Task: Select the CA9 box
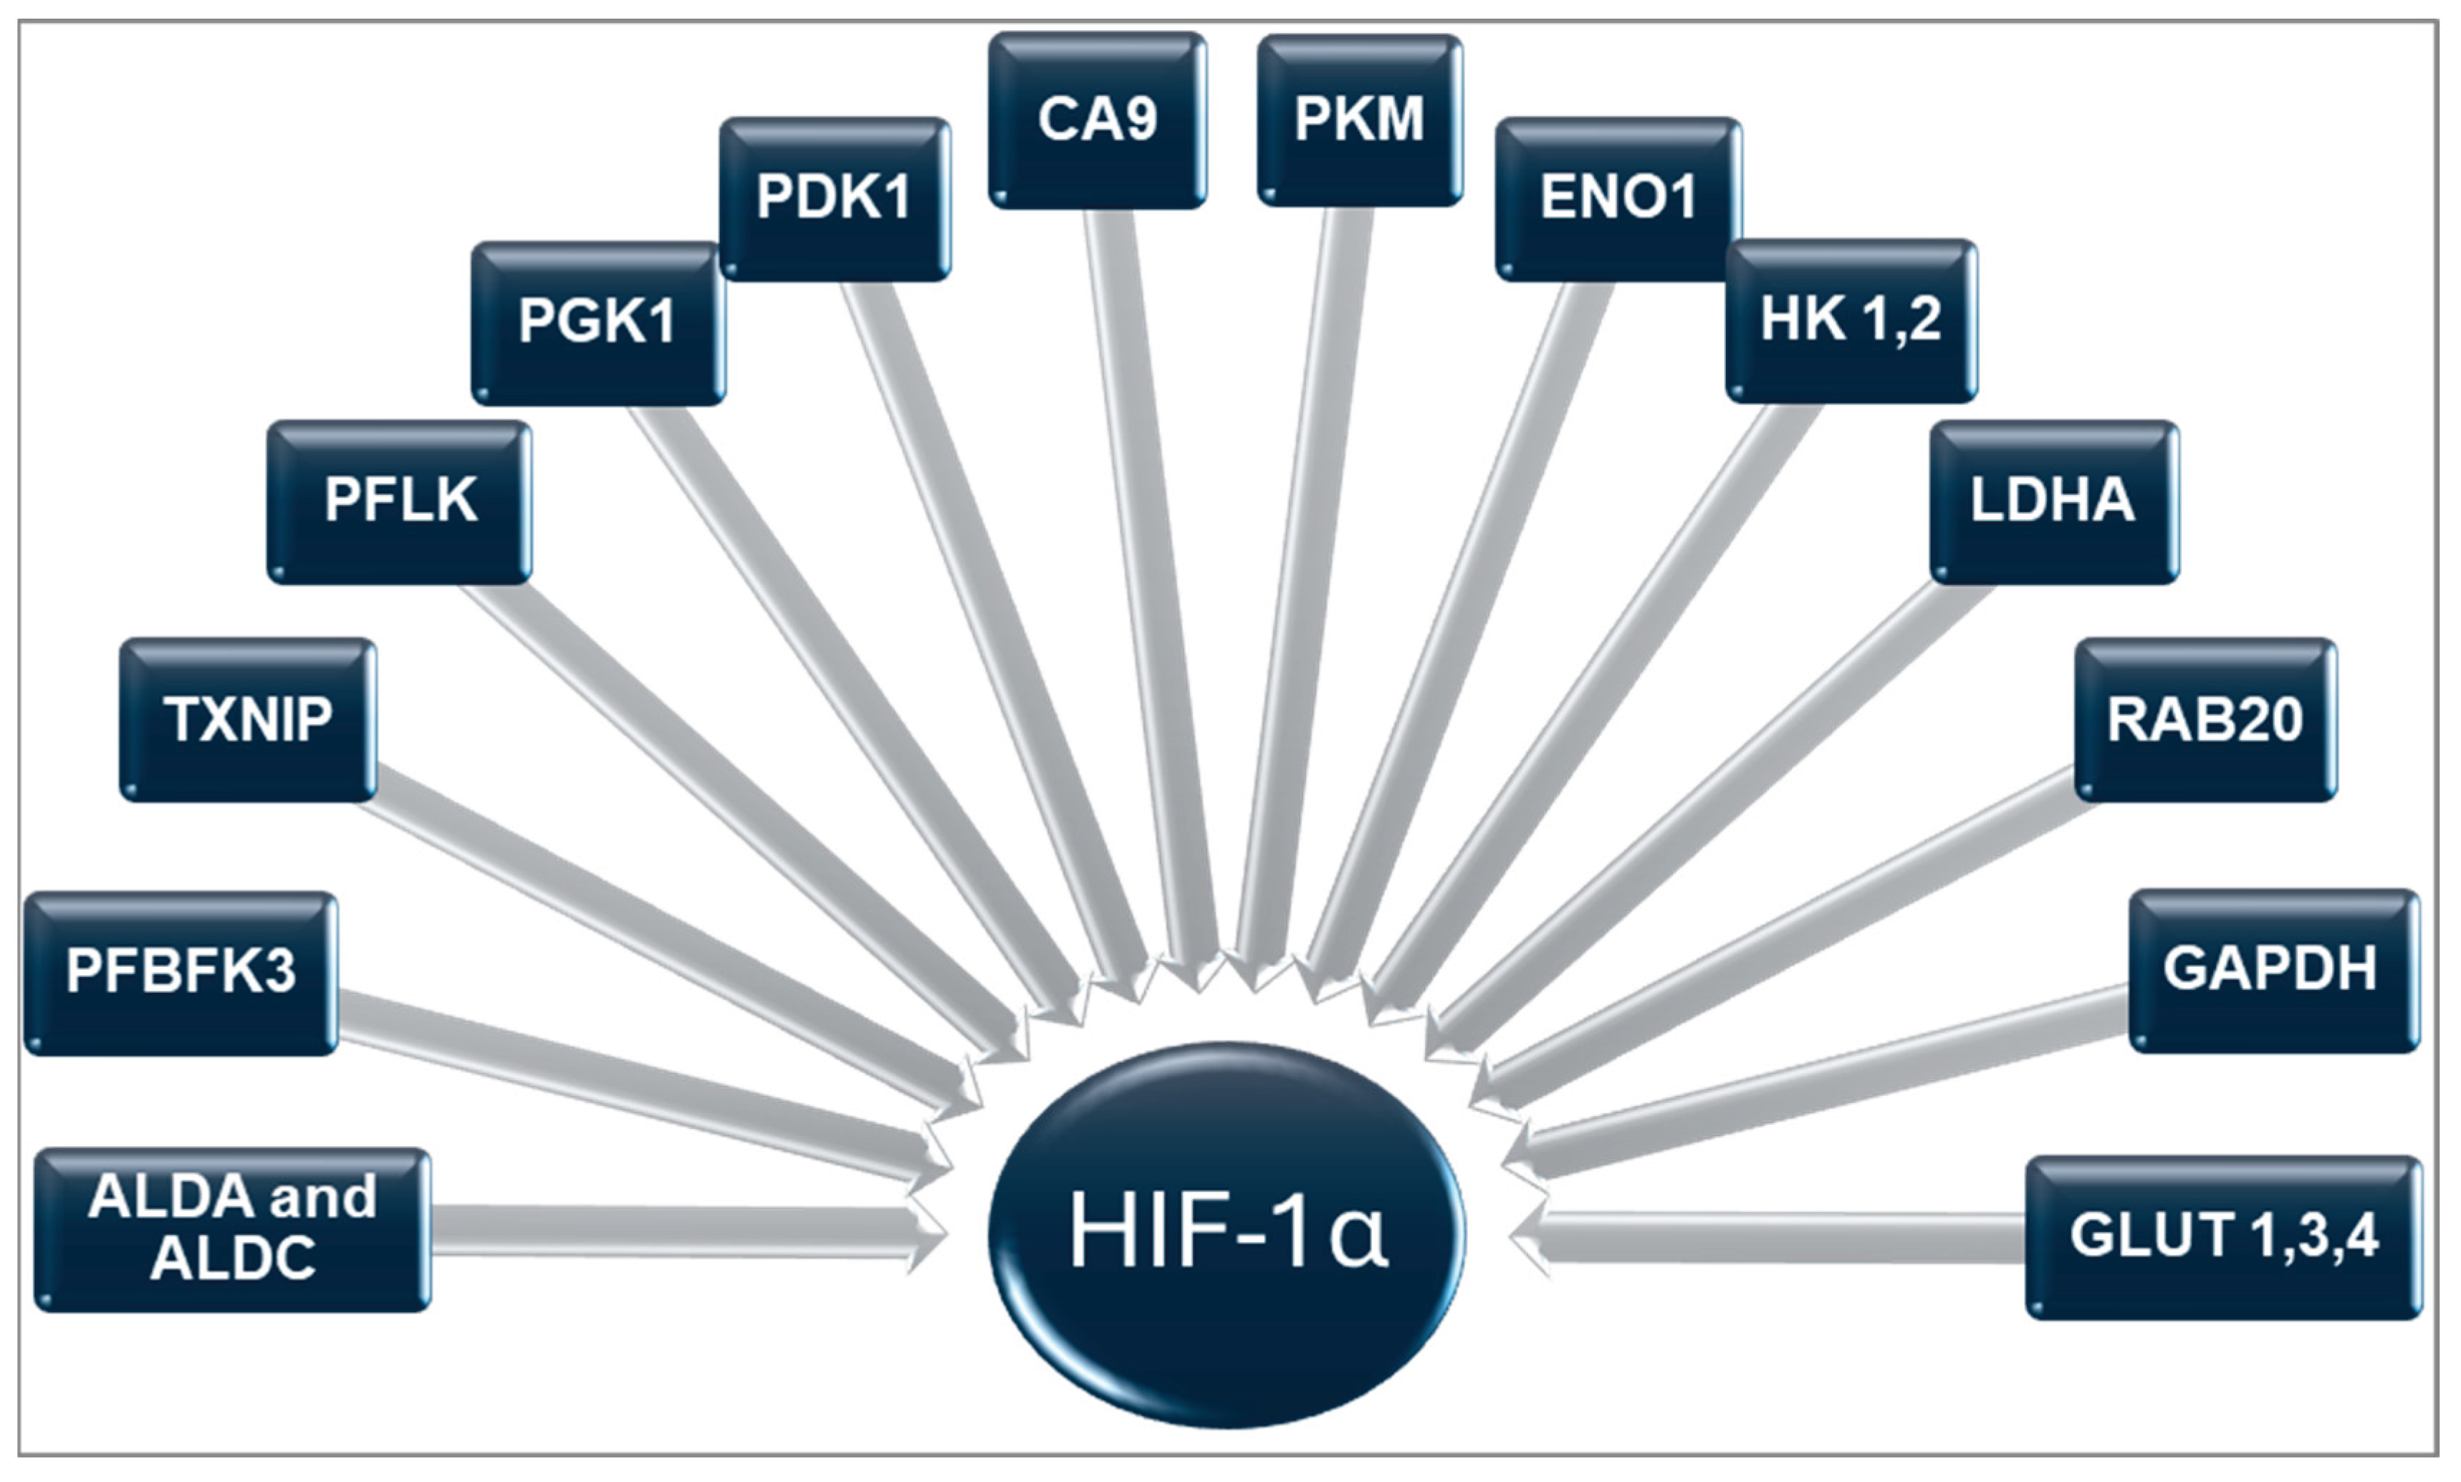[x=1097, y=120]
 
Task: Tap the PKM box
[x=1359, y=120]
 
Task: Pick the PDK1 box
[x=834, y=198]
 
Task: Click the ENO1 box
[x=1618, y=198]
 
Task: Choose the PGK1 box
[x=598, y=322]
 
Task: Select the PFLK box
[x=400, y=501]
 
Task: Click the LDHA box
[x=2053, y=501]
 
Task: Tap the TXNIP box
[x=248, y=719]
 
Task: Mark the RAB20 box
[x=2205, y=719]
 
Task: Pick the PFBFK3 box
[x=181, y=972]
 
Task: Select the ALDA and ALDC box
[x=231, y=1228]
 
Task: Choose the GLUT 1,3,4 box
[x=2223, y=1236]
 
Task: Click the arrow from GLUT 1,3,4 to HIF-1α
[x=1778, y=1236]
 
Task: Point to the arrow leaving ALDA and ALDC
[x=679, y=1231]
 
